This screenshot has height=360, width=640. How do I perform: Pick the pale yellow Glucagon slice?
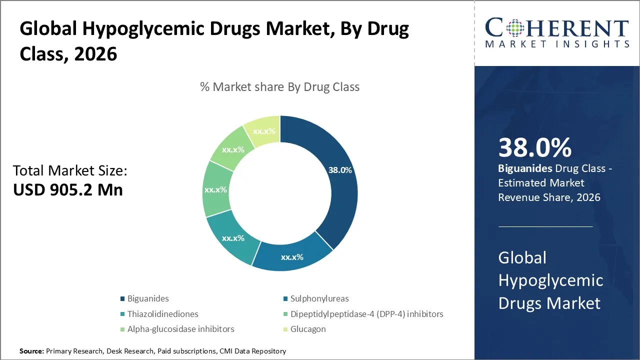pos(264,131)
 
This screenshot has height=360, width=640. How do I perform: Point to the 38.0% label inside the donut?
pos(340,170)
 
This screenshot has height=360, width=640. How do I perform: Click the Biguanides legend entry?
pos(148,298)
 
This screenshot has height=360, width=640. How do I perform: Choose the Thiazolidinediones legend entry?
pos(162,314)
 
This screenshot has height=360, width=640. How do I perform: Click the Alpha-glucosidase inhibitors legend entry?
pos(180,329)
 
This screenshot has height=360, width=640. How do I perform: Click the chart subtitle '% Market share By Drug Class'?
pos(279,87)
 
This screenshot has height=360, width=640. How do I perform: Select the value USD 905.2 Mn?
pos(68,190)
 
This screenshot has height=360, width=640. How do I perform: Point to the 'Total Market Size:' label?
pos(70,171)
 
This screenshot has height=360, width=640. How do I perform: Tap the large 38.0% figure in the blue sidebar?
pos(535,148)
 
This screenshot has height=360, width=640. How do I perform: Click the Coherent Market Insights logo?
pos(556,32)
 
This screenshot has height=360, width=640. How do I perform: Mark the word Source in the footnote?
pos(31,351)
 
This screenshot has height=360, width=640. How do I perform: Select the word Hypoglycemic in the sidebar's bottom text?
pos(550,280)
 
